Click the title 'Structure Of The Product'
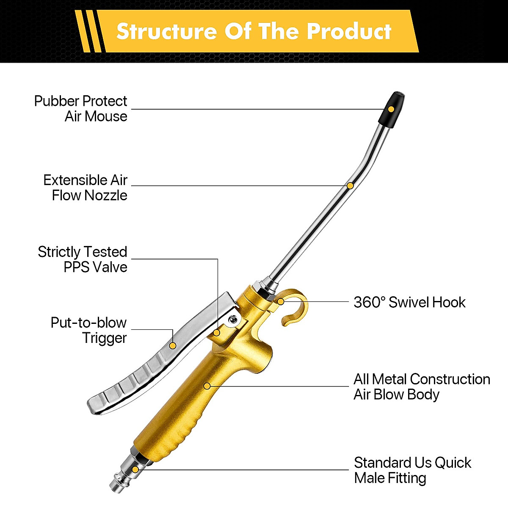pyautogui.click(x=254, y=31)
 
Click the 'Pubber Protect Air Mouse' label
pyautogui.click(x=81, y=108)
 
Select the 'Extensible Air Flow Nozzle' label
pyautogui.click(x=86, y=188)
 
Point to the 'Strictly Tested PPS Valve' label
pyautogui.click(x=83, y=259)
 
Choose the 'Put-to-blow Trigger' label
pyautogui.click(x=88, y=330)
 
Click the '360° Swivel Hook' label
pyautogui.click(x=409, y=302)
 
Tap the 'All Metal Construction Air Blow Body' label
pyautogui.click(x=422, y=387)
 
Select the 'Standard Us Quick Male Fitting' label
pyautogui.click(x=412, y=470)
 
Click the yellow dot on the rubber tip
pyautogui.click(x=391, y=109)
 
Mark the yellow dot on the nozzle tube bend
pyautogui.click(x=350, y=186)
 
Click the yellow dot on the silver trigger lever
pyautogui.click(x=173, y=346)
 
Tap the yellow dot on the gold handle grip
pyautogui.click(x=207, y=386)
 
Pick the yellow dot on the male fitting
pyautogui.click(x=135, y=469)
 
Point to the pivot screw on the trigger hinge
pyautogui.click(x=232, y=320)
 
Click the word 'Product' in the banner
pyautogui.click(x=349, y=31)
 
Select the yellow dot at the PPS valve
pyautogui.click(x=217, y=333)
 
